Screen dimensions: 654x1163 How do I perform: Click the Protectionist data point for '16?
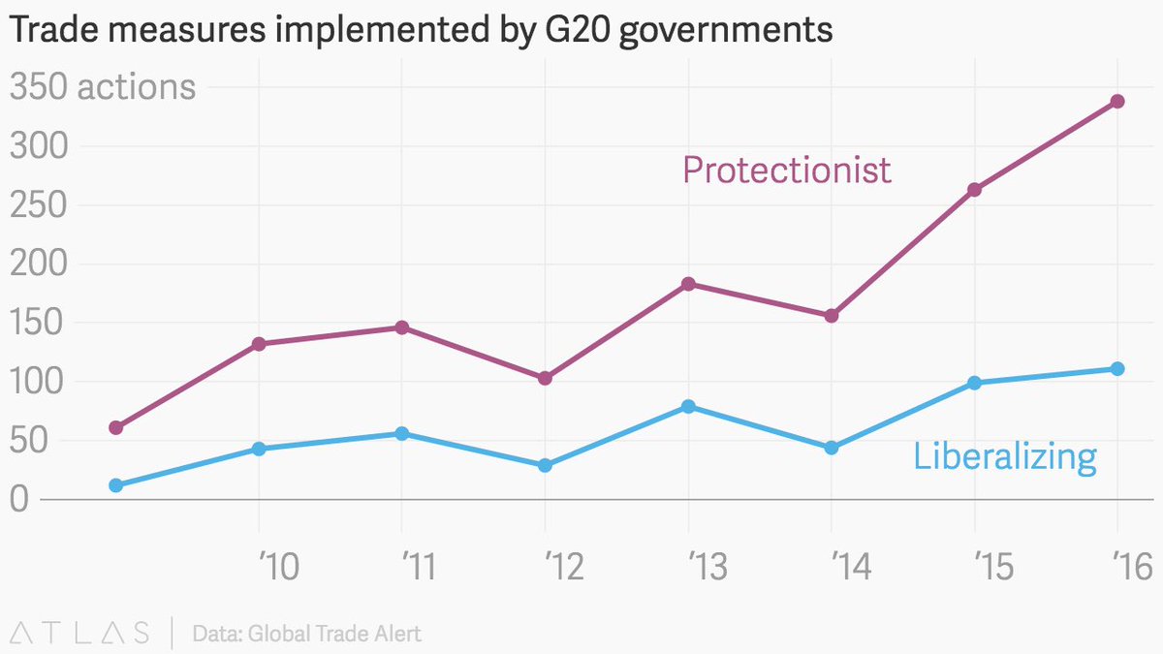coord(1117,101)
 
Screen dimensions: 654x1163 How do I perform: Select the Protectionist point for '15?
coord(974,190)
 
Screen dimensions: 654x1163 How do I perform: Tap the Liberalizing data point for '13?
coord(688,406)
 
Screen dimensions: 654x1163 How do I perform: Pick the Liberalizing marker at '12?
coord(545,465)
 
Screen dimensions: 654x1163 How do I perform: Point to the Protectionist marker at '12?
coord(545,378)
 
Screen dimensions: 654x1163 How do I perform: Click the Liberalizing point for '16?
coord(1117,368)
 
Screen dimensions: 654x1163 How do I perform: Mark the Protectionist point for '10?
coord(259,344)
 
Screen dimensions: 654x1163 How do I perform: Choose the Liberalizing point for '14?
coord(831,448)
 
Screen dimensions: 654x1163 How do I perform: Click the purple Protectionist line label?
coord(786,170)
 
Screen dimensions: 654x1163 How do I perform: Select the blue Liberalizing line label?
coord(1004,456)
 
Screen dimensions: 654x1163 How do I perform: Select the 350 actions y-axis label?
coord(103,87)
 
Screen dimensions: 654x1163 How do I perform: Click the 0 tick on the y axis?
coord(21,500)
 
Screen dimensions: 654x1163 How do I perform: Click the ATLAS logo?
coord(78,634)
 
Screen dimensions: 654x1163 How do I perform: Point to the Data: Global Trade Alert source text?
coord(306,635)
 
